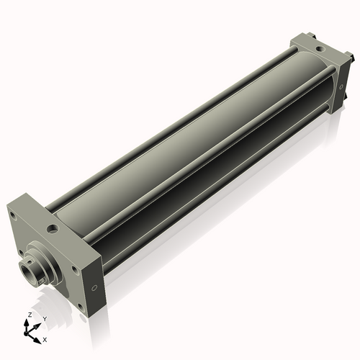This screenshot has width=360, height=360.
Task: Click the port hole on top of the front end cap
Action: (52, 228)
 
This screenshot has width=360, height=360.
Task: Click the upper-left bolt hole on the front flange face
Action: (13, 214)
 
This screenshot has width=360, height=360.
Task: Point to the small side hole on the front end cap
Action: (94, 288)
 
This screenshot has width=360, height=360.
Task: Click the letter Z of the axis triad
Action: (29, 315)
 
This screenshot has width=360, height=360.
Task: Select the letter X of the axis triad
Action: (45, 338)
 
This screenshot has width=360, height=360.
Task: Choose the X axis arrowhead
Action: (39, 337)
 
